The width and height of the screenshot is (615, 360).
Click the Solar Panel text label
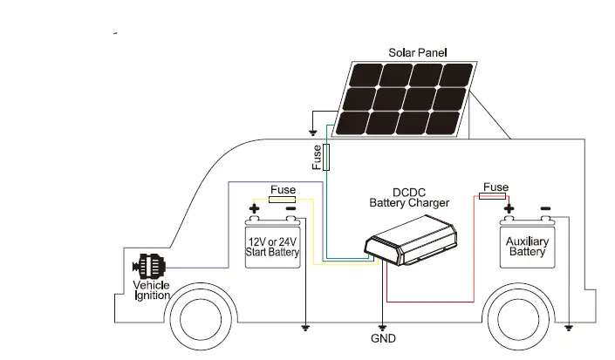pyautogui.click(x=417, y=52)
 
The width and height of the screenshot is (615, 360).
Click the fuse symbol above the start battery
pyautogui.click(x=283, y=200)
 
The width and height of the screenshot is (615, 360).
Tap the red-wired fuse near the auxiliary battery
pyautogui.click(x=495, y=197)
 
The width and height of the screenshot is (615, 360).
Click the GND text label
pyautogui.click(x=383, y=338)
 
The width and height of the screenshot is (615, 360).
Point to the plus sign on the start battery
pyautogui.click(x=255, y=209)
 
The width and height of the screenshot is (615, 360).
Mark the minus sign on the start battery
pyautogui.click(x=290, y=209)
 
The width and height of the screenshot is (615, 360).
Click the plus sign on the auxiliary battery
pyautogui.click(x=509, y=209)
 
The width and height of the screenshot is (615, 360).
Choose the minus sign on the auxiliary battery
pyautogui.click(x=545, y=209)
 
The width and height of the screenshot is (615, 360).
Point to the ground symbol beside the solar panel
pyautogui.click(x=312, y=133)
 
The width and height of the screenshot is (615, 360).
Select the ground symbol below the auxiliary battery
pyautogui.click(x=569, y=328)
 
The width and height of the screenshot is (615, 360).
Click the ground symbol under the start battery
pyautogui.click(x=305, y=328)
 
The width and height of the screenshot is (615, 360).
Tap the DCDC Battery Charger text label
pyautogui.click(x=409, y=197)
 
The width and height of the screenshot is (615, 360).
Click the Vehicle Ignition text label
pyautogui.click(x=151, y=291)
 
